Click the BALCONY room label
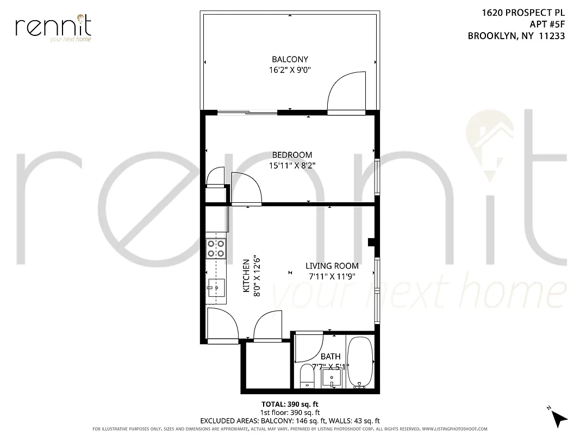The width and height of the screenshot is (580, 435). [290, 59]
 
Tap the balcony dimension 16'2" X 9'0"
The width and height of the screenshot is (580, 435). [290, 70]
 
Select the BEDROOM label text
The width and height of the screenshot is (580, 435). [292, 155]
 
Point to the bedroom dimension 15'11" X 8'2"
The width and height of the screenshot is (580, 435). [292, 165]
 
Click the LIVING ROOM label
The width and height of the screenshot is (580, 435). [332, 266]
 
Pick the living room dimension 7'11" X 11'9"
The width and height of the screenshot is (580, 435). [332, 276]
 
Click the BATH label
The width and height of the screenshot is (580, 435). [330, 356]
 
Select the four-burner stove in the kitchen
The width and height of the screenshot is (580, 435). [216, 248]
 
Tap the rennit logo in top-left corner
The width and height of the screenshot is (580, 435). [53, 28]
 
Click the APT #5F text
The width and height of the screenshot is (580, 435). [547, 24]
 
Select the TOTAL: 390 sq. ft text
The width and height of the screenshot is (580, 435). [290, 405]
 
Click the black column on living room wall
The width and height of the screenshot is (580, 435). [371, 242]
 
